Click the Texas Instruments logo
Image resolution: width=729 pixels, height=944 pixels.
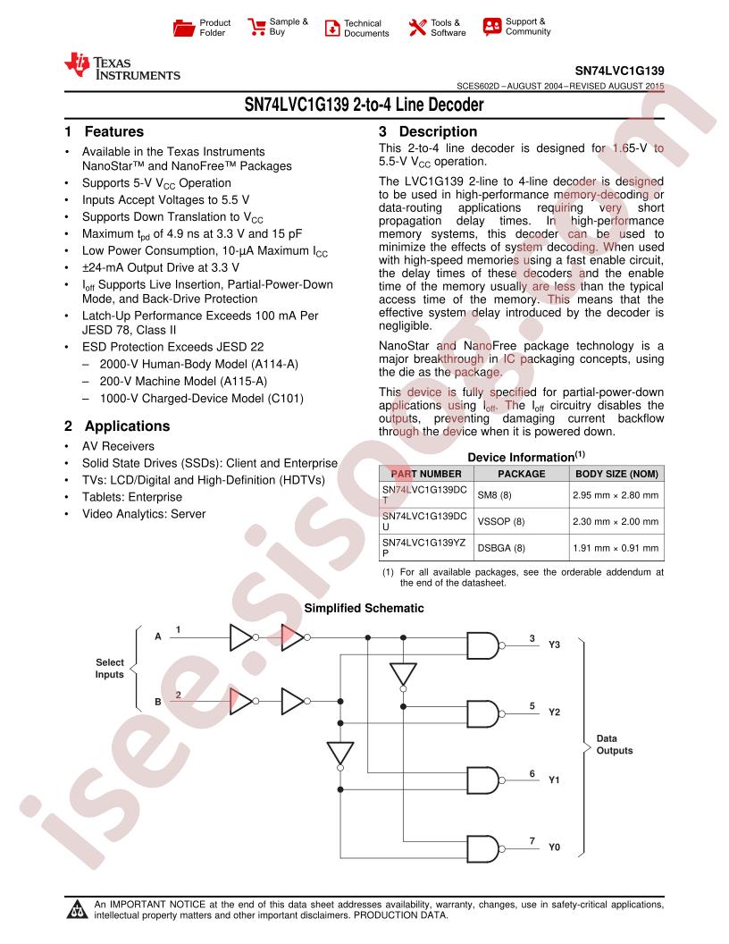[122, 66]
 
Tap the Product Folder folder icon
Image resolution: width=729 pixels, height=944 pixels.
[183, 28]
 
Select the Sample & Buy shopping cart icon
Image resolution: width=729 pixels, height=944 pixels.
[256, 27]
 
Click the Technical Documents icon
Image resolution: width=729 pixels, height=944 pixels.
[332, 28]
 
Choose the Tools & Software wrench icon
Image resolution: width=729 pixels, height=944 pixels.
[417, 27]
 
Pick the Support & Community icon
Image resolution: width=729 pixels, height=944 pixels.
[492, 27]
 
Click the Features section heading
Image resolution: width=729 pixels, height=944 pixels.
[114, 131]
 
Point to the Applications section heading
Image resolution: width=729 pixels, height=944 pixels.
[128, 426]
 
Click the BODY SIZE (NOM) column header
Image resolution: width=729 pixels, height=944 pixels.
[616, 474]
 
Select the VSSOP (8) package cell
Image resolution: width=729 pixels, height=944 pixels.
[501, 521]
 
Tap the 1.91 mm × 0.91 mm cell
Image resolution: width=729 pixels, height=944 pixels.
[616, 548]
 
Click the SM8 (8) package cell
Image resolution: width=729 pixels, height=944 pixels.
[494, 495]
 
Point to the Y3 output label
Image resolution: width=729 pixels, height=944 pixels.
[554, 645]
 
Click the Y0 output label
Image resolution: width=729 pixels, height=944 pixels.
[554, 847]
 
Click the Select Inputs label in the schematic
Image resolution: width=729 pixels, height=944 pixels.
[110, 669]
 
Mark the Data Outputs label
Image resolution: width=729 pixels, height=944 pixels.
[614, 744]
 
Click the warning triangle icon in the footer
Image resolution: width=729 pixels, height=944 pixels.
[78, 909]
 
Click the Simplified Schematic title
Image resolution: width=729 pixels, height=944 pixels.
[364, 608]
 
